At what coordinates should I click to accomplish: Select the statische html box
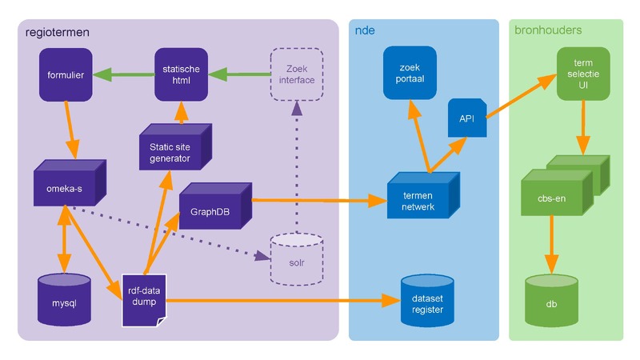point(182,75)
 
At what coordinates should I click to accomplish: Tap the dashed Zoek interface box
point(296,75)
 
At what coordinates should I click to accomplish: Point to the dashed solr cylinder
point(296,259)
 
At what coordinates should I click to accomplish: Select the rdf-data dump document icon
point(145,299)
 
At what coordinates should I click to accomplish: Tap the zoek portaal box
point(410,75)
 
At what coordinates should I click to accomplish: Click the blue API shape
point(467,118)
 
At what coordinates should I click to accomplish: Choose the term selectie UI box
point(582,75)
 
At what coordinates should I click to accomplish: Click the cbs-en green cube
point(557,196)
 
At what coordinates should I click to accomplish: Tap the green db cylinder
point(551,299)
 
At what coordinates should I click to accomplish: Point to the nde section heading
point(366,30)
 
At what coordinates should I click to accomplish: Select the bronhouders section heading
point(548,30)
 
